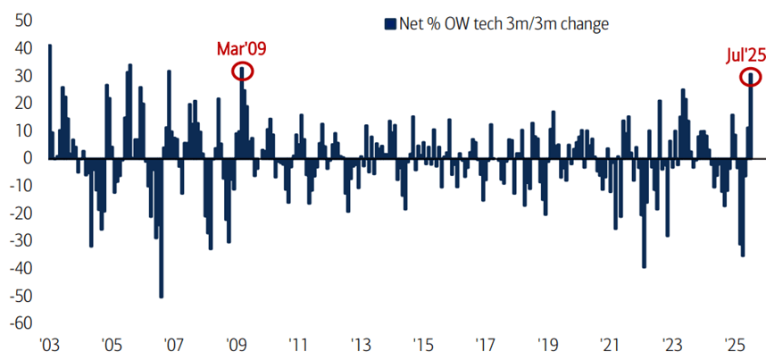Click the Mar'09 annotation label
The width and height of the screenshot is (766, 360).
[x=241, y=48]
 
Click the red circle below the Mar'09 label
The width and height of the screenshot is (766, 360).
[x=242, y=71]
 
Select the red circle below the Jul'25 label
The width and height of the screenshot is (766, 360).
[x=751, y=78]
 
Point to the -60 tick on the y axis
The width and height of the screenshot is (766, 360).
[x=21, y=323]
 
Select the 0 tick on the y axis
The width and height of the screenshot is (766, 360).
[x=29, y=158]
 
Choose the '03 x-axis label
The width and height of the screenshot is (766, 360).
[x=48, y=345]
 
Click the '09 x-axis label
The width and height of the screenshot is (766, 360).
[x=236, y=345]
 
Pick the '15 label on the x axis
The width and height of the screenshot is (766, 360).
[x=423, y=345]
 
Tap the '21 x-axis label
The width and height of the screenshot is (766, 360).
[x=610, y=345]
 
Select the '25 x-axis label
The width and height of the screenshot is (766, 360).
[x=735, y=345]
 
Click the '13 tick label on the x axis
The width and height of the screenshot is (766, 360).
[x=361, y=345]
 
